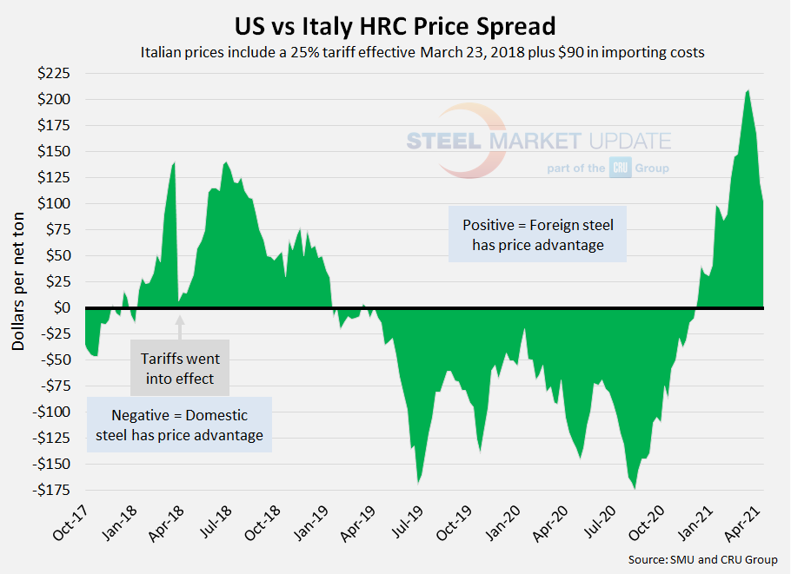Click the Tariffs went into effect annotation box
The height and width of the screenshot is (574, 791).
181,367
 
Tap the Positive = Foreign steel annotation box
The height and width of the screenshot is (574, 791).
537,234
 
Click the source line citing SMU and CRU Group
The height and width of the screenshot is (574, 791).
702,559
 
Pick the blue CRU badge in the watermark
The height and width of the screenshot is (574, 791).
620,168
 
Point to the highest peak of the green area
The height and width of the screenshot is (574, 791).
748,90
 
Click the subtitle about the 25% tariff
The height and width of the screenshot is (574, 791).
422,52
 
